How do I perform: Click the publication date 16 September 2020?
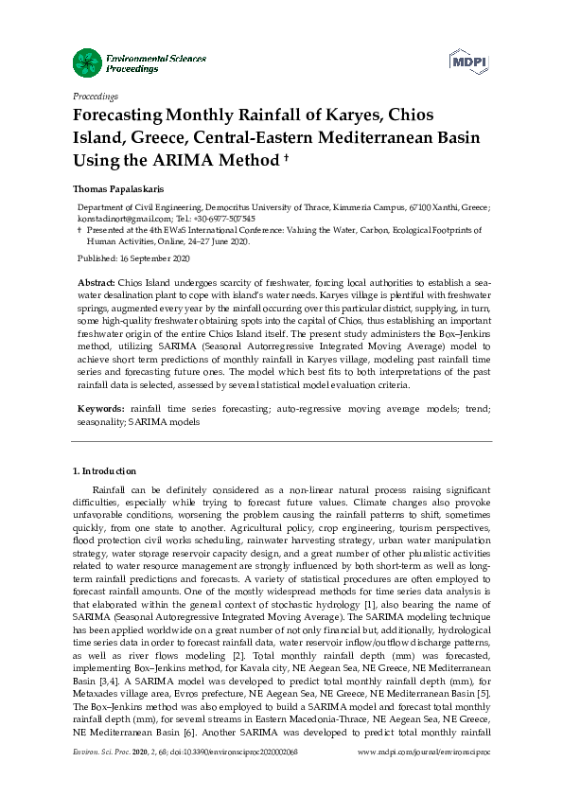(x=148, y=258)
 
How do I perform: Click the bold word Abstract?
(x=95, y=283)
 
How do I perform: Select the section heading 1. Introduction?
(x=105, y=470)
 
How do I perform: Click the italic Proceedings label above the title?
(x=95, y=97)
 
